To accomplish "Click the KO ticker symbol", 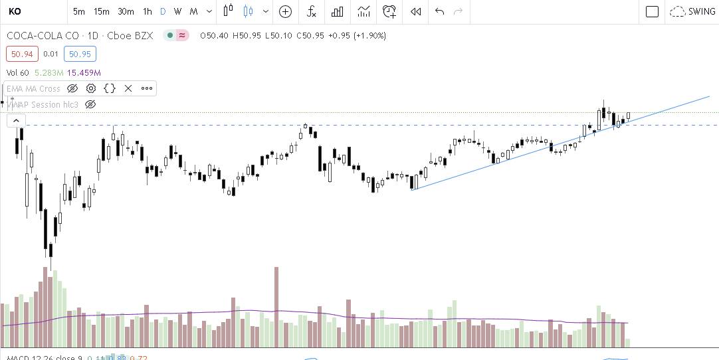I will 15,11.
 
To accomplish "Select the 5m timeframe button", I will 78,11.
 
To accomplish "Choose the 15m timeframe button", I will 101,11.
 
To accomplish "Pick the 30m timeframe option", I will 126,11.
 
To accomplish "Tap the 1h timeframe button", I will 148,11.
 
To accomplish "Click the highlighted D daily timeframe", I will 163,11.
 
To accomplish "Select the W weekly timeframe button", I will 178,11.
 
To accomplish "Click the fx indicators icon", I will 311,11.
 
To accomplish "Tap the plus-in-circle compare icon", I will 285,11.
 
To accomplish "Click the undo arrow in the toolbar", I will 439,11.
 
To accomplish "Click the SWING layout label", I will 701,11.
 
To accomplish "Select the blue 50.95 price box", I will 80,54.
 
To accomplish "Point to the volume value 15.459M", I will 84,72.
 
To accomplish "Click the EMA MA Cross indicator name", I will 34,88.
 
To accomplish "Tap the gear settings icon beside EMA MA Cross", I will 91,88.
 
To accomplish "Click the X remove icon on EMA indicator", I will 128,88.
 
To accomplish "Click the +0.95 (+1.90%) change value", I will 359,35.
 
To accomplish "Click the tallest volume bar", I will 276,306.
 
